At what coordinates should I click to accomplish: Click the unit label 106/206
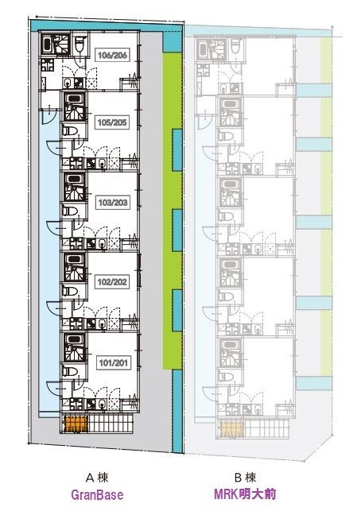[x=112, y=55]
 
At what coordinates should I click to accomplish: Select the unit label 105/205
[x=112, y=122]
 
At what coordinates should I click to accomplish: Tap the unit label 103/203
[x=113, y=203]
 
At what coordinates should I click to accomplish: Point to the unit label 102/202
[x=112, y=282]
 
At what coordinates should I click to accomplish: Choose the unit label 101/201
[x=113, y=362]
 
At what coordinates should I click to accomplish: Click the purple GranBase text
[x=97, y=494]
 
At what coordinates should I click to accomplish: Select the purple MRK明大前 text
[x=245, y=494]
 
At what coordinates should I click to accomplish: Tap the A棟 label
[x=97, y=477]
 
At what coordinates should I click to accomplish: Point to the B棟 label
[x=245, y=477]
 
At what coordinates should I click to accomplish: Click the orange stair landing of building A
[x=76, y=424]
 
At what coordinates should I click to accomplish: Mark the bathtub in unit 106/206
[x=47, y=45]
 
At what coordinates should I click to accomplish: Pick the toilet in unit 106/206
[x=80, y=45]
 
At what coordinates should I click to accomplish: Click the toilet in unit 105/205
[x=70, y=131]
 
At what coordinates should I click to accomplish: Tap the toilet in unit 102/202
[x=70, y=291]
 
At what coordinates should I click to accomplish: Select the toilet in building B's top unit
[x=235, y=45]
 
